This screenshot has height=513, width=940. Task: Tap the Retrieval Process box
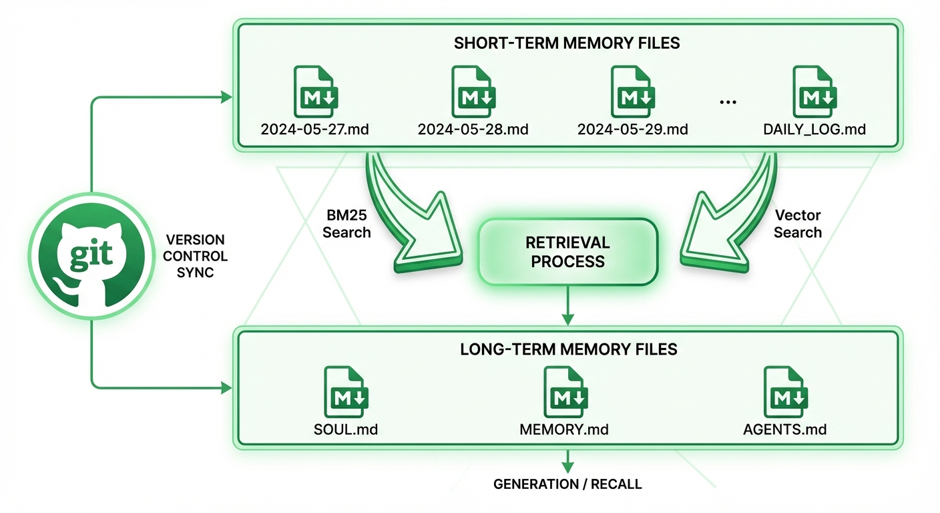567,251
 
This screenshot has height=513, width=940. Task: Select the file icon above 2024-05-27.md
314,92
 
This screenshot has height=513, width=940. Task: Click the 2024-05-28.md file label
473,129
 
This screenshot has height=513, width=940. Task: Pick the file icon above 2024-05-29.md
632,92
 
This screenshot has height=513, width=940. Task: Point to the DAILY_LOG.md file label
814,129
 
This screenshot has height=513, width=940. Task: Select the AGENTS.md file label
784,429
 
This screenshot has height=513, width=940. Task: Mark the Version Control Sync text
195,256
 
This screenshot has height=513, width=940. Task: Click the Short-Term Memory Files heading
567,43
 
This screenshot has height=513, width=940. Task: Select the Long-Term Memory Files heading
568,349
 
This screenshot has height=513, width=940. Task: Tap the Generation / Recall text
567,484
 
